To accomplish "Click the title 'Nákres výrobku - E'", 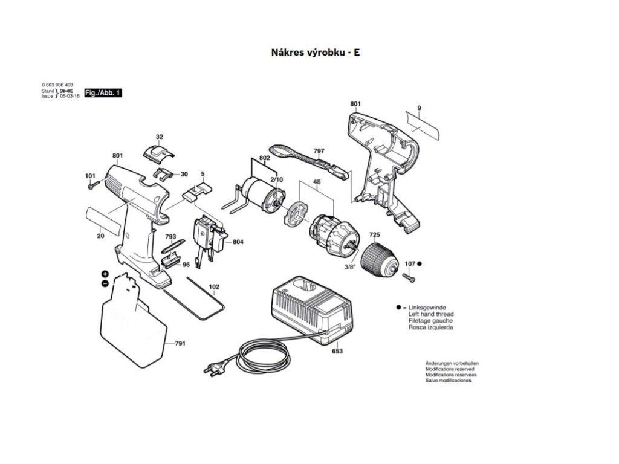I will [x=316, y=53].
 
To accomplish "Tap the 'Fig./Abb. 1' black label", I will [x=103, y=93].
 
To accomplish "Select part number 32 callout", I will [x=160, y=137].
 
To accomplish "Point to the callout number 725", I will [x=375, y=234].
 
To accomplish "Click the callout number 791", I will [x=180, y=343].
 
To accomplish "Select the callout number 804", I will [x=238, y=242].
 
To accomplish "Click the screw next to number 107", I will [x=412, y=279].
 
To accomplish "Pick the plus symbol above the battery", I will [x=105, y=274].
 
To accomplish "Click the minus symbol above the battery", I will [x=105, y=283].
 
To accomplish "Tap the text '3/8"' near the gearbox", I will [x=349, y=267].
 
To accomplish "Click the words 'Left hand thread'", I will [x=431, y=314].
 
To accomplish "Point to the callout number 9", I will [x=418, y=108].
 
